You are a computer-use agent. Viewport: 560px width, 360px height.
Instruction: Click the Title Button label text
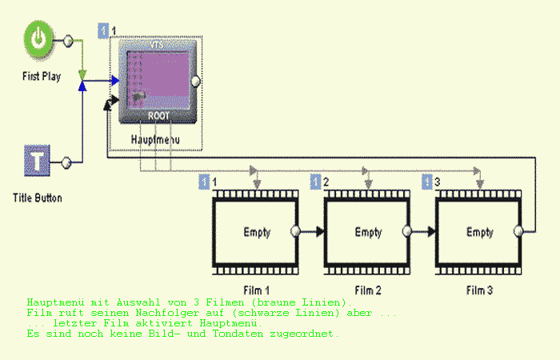pyautogui.click(x=38, y=197)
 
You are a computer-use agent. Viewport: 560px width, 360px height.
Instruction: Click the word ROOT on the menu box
pyautogui.click(x=158, y=114)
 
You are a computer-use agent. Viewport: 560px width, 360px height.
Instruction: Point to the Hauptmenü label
pyautogui.click(x=157, y=139)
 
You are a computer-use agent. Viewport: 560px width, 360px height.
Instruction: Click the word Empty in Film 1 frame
pyautogui.click(x=256, y=233)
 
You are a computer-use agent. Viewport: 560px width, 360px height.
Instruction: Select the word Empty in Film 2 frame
pyautogui.click(x=368, y=233)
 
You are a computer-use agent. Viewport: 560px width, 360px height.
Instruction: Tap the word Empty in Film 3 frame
pyautogui.click(x=479, y=233)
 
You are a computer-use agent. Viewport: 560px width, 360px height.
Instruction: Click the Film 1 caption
pyautogui.click(x=256, y=289)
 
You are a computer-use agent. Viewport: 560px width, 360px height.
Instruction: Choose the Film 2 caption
pyautogui.click(x=368, y=289)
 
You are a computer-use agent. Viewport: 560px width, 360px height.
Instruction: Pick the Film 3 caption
pyautogui.click(x=479, y=289)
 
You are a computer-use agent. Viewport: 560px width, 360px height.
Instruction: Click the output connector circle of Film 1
pyautogui.click(x=296, y=231)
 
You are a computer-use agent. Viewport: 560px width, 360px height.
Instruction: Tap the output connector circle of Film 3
pyautogui.click(x=519, y=231)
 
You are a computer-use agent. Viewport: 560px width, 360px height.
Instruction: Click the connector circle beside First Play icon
pyautogui.click(x=68, y=39)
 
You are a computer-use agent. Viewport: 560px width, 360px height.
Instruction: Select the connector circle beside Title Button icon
pyautogui.click(x=67, y=162)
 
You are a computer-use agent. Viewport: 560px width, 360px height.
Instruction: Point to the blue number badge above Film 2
pyautogui.click(x=315, y=182)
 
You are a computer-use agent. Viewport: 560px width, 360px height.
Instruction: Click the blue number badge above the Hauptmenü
pyautogui.click(x=102, y=31)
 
